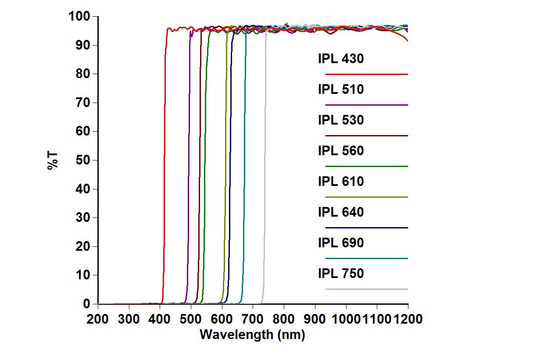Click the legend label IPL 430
point(341,59)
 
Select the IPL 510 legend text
point(341,89)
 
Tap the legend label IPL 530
point(341,120)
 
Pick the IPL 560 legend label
point(341,151)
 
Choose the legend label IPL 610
point(341,182)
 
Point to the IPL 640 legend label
point(341,212)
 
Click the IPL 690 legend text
point(341,243)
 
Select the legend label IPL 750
point(341,274)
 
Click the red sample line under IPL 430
point(367,75)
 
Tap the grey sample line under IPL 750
point(367,289)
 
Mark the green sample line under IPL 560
point(367,167)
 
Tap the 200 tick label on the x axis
point(98,319)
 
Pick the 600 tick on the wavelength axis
point(222,319)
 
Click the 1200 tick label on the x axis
point(408,319)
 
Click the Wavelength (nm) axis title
point(252,335)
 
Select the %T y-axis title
point(53,160)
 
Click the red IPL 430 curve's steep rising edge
point(164,175)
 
